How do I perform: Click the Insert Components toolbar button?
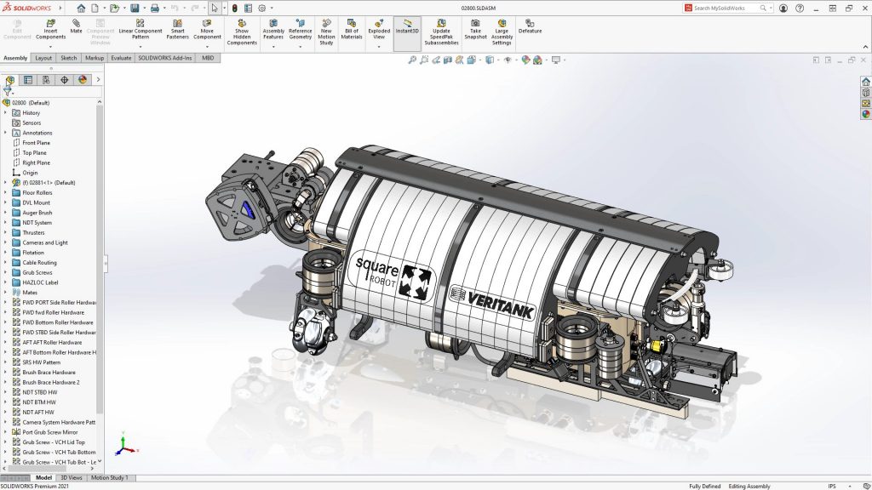click(x=50, y=30)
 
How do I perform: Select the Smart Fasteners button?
click(x=177, y=30)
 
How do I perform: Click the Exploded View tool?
click(x=379, y=30)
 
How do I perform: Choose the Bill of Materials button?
click(x=351, y=30)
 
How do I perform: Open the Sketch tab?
click(x=68, y=58)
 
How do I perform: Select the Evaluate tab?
click(x=121, y=58)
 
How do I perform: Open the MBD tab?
click(x=207, y=58)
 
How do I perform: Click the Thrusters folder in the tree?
click(x=33, y=232)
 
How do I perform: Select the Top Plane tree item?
click(x=36, y=152)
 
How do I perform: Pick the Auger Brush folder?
click(x=37, y=213)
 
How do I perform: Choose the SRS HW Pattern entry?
click(x=41, y=362)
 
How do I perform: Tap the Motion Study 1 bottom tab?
click(x=109, y=478)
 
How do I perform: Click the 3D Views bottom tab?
click(x=72, y=478)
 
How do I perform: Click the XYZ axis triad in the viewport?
click(x=123, y=445)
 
